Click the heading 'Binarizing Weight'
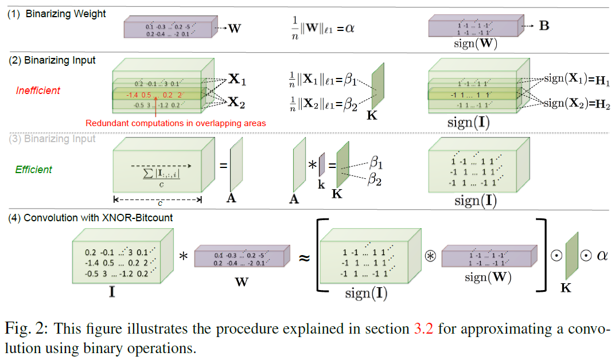tap(65, 14)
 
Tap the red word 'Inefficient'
tap(38, 91)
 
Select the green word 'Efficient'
tap(33, 170)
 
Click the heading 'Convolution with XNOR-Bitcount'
tap(98, 218)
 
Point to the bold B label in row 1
tap(544, 26)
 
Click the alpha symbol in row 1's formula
tap(349, 29)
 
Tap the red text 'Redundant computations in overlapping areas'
tap(176, 123)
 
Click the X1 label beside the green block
tap(237, 80)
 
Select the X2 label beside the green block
tap(236, 103)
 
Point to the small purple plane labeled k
tap(322, 165)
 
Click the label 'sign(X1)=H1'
tap(577, 80)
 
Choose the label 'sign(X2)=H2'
tap(577, 104)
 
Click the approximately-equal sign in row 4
tap(305, 258)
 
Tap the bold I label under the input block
tap(112, 291)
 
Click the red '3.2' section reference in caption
tap(423, 328)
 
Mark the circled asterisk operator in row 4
tap(430, 256)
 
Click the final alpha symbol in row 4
tap(602, 256)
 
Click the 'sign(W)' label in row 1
tap(476, 44)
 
